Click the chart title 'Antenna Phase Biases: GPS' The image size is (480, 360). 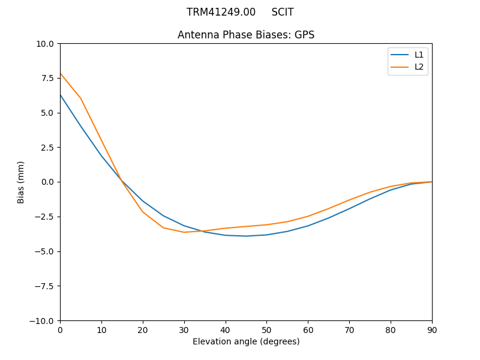click(x=246, y=35)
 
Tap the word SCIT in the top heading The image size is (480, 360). click(x=283, y=12)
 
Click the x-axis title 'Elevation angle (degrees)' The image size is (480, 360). click(x=246, y=341)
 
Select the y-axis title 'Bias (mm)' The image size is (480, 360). click(x=21, y=182)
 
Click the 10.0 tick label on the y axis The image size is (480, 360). click(x=45, y=44)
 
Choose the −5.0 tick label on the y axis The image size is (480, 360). click(x=44, y=251)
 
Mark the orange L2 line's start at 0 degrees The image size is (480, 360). click(x=60, y=74)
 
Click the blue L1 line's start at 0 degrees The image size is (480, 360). click(x=60, y=95)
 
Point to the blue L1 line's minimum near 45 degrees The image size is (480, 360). click(x=246, y=236)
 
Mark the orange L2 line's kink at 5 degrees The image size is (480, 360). click(x=80, y=98)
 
